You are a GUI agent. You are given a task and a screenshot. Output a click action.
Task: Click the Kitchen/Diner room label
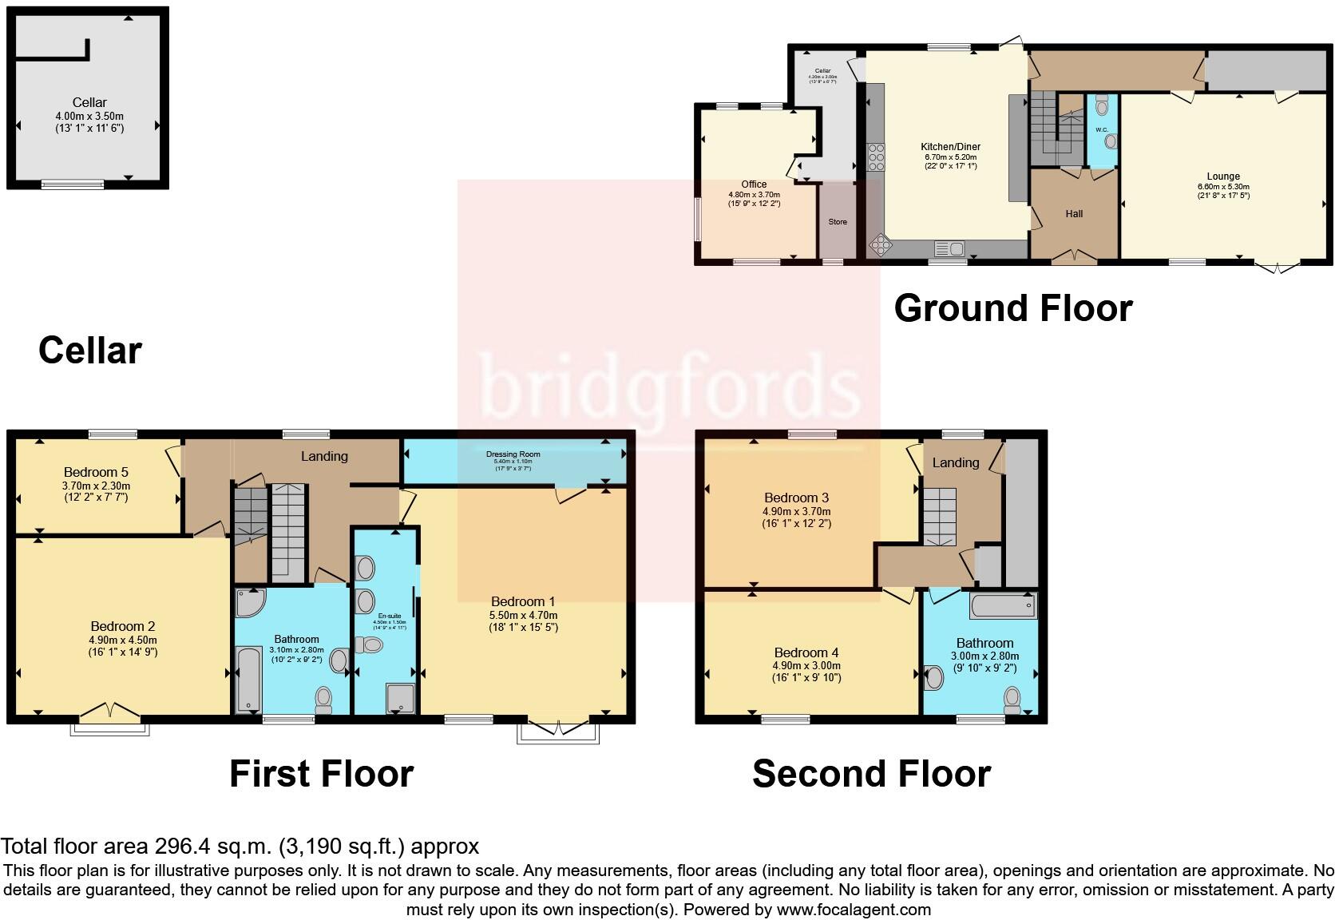[950, 147]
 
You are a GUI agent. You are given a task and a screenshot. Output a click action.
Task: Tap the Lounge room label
[1223, 176]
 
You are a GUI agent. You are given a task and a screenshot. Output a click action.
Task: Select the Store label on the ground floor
[838, 222]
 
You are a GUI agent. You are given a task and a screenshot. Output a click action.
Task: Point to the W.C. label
[1101, 129]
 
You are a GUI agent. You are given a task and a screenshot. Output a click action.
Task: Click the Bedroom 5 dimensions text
[96, 491]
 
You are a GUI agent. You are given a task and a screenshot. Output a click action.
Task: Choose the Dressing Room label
[513, 454]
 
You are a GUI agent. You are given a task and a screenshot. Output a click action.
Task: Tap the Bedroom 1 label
[523, 601]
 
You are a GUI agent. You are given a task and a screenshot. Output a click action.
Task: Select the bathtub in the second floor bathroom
[1003, 606]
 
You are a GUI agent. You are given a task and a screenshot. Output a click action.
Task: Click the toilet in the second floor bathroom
[1012, 700]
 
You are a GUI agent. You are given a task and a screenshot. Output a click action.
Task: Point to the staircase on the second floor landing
[940, 517]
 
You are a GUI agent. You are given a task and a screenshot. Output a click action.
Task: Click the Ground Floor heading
[1012, 308]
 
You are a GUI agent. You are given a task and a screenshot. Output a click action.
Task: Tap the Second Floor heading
[871, 774]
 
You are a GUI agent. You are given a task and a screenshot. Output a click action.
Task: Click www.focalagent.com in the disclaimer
[853, 910]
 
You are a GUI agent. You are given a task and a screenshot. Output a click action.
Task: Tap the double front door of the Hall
[1073, 256]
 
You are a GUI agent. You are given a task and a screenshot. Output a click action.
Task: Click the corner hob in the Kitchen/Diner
[879, 244]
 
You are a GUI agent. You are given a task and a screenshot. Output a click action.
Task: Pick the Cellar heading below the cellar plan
[89, 351]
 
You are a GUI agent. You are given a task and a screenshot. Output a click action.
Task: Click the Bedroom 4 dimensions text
[806, 672]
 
